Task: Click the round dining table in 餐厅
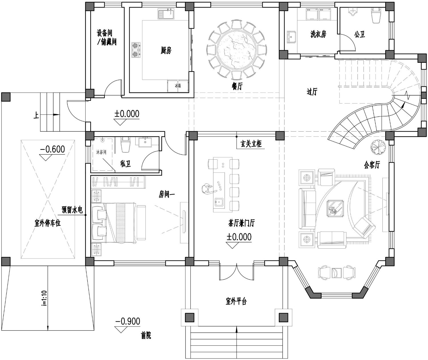click(237, 50)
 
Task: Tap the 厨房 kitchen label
click(166, 50)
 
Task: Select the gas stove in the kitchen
click(136, 50)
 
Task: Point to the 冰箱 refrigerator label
click(178, 85)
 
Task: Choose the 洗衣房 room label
click(318, 34)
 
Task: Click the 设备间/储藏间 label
click(106, 37)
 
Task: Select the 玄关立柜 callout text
click(251, 144)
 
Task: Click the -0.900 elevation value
click(128, 321)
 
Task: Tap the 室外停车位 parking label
click(48, 223)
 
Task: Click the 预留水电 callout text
click(72, 210)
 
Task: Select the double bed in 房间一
click(114, 223)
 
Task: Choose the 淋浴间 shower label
click(101, 152)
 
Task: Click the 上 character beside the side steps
click(36, 115)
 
